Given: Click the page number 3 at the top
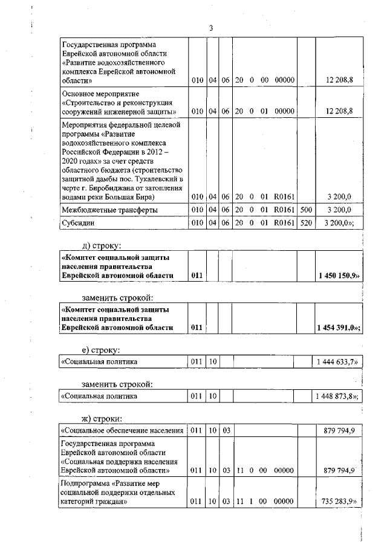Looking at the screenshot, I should [210, 28].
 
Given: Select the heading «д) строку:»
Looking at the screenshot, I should [102, 245].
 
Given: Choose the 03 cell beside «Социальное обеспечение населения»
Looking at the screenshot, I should [226, 430].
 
